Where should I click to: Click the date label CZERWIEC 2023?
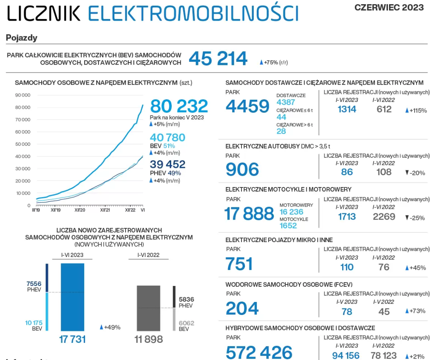(x=389, y=8)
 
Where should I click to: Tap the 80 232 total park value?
(x=179, y=106)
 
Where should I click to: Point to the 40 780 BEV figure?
(x=167, y=137)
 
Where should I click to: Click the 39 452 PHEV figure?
(x=167, y=165)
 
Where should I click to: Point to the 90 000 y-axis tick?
(x=23, y=95)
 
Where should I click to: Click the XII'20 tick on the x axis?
(x=80, y=210)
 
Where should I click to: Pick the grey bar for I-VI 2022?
(x=148, y=308)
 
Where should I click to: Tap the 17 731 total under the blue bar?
(x=72, y=339)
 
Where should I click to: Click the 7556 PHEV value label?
(x=34, y=284)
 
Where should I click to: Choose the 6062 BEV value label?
(x=186, y=323)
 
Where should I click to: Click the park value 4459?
(x=247, y=106)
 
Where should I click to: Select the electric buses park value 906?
(x=242, y=170)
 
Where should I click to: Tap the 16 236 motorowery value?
(x=291, y=212)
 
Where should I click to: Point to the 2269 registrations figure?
(x=384, y=217)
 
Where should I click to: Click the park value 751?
(x=239, y=264)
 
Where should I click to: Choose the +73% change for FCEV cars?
(x=415, y=311)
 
